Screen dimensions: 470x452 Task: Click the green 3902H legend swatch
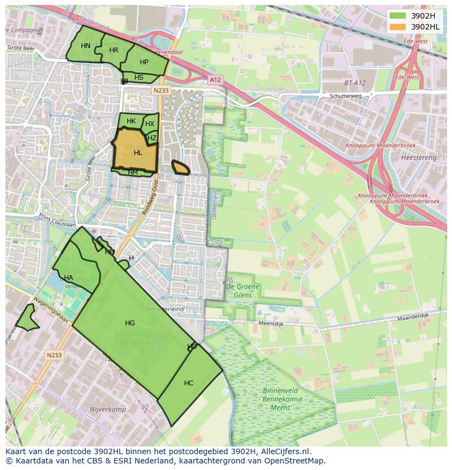tap(398, 16)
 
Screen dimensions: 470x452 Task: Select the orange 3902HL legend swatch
tap(398, 26)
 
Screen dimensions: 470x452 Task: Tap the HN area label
tap(86, 46)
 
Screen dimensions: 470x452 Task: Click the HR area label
tap(114, 50)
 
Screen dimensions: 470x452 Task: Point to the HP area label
tap(144, 62)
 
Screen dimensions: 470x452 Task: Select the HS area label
tap(139, 78)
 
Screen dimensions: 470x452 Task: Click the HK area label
tap(131, 121)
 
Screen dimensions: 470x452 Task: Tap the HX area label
tap(150, 124)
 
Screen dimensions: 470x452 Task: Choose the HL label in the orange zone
tap(138, 153)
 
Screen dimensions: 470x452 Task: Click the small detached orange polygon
tap(181, 168)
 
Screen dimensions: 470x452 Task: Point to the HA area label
tap(68, 277)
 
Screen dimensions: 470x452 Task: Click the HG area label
tap(129, 323)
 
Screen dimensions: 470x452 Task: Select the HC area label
tap(188, 383)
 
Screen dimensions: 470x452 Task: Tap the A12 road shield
tap(215, 80)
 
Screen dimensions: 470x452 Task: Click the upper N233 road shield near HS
tap(161, 91)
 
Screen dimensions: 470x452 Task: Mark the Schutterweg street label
tap(346, 96)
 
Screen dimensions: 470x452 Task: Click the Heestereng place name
tap(419, 157)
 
